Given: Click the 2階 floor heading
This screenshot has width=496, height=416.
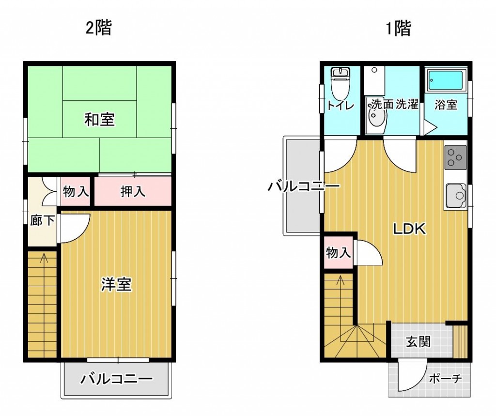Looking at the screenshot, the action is coord(99,28).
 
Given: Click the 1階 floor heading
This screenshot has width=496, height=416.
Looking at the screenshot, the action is coord(398,28).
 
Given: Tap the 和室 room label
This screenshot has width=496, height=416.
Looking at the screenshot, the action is coord(99,120).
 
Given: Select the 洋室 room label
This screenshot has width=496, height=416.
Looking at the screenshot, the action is coord(116,284).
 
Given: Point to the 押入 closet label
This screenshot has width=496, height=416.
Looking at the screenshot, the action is coord(133,191).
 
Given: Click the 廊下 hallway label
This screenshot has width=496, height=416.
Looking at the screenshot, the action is coord(42,220).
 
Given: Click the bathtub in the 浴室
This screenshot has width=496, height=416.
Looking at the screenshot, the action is coord(446,80).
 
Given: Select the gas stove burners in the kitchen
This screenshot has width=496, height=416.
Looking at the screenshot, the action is coord(455,157).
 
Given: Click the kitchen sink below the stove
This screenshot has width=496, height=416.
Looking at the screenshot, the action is coord(456,196).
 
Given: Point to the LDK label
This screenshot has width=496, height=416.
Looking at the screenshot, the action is coord(409,229).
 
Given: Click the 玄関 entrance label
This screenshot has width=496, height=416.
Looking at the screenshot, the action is coord(418,341).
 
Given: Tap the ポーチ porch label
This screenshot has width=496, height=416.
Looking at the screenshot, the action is coord(446,378).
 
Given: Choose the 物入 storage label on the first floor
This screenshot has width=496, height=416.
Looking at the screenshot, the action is coord(339,253).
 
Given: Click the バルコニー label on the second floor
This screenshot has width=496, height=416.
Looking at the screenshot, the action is coord(116,379).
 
